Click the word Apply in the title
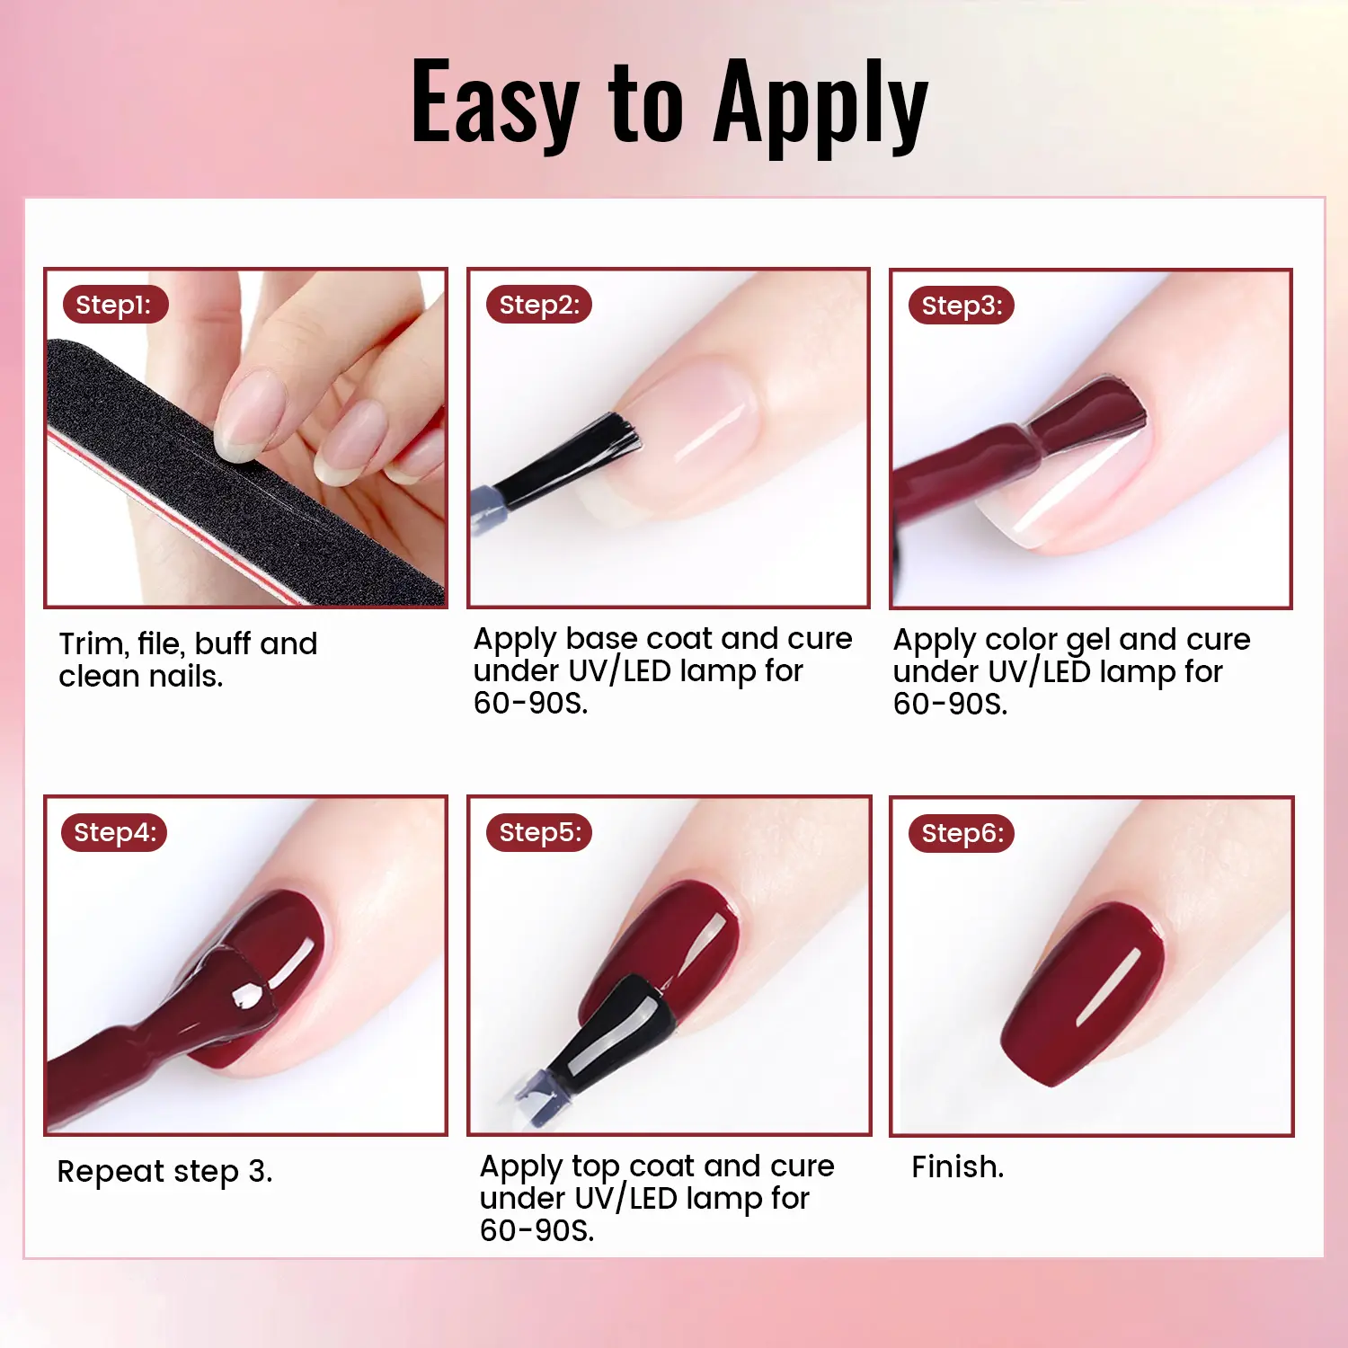(x=820, y=105)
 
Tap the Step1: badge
(x=115, y=305)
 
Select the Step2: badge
(x=539, y=305)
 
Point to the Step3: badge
(x=962, y=306)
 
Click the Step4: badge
(x=114, y=832)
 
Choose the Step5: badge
(x=539, y=832)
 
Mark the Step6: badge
(x=962, y=833)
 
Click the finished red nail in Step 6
(x=1083, y=993)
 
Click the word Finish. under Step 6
(x=958, y=1166)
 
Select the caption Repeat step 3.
(x=164, y=1172)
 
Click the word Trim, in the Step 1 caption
(x=93, y=644)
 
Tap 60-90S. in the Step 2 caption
(x=531, y=703)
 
